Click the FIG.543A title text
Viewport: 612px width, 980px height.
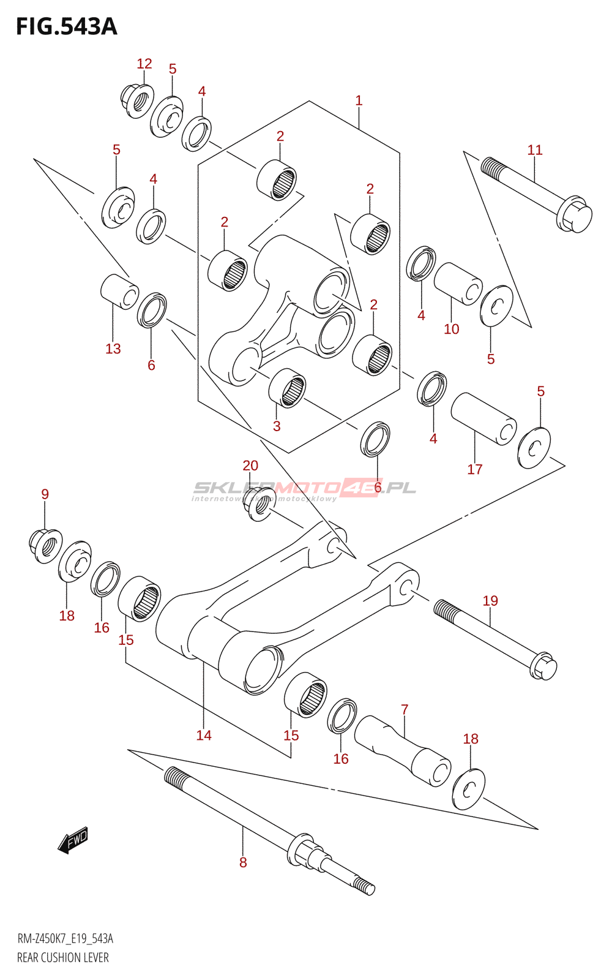click(66, 26)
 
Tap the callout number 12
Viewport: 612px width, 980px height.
click(144, 64)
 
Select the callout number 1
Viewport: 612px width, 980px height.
click(359, 100)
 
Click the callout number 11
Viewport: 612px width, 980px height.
click(535, 150)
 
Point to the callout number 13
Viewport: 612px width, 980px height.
click(113, 349)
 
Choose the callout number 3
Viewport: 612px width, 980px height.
click(277, 426)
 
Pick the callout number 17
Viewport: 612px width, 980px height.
click(475, 470)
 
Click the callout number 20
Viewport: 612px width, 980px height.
click(250, 466)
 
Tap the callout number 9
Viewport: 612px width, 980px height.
click(45, 494)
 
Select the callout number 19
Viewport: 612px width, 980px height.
click(490, 601)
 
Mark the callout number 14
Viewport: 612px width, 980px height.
click(204, 736)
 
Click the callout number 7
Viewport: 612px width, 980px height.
click(405, 710)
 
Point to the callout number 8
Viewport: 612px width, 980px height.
click(243, 863)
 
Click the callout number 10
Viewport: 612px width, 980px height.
click(451, 330)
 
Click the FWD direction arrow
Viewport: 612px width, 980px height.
click(73, 840)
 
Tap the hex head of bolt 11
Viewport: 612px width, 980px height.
click(575, 214)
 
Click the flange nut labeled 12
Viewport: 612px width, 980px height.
click(136, 100)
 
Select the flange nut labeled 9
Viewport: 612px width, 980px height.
click(45, 545)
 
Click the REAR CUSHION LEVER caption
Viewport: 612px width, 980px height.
click(63, 958)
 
